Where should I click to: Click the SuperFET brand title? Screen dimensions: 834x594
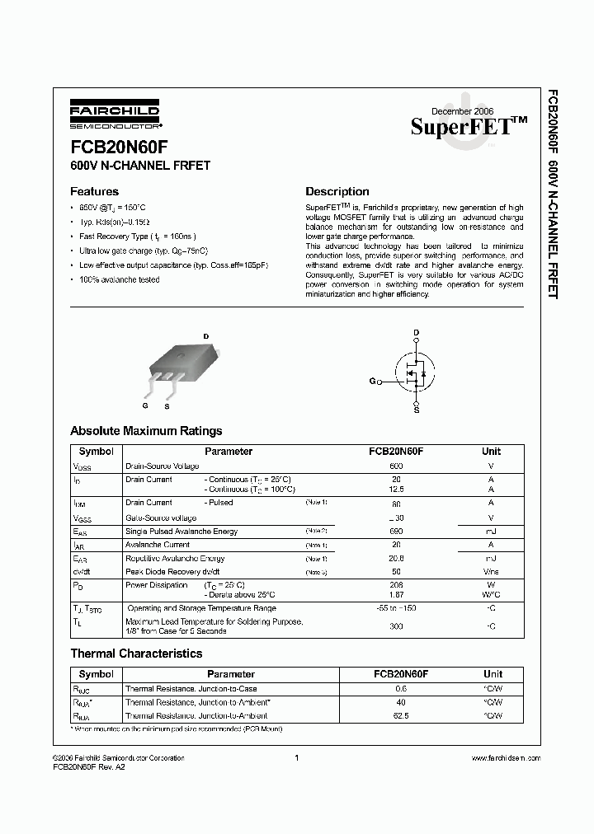tap(469, 126)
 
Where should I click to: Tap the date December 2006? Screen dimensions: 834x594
tap(463, 110)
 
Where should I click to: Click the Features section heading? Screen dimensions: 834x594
tap(94, 191)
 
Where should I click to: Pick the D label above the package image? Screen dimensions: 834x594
tap(206, 335)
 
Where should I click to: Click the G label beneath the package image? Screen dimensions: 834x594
tap(144, 406)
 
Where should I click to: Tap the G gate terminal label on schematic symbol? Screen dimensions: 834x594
tap(372, 382)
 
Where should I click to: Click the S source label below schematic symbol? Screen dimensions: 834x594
tap(416, 409)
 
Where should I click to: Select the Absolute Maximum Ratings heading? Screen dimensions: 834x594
tap(146, 431)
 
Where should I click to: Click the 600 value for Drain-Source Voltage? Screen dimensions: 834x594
tap(396, 466)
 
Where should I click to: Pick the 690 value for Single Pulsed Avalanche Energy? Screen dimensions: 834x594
tap(396, 532)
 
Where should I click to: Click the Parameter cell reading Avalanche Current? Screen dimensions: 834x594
tap(157, 545)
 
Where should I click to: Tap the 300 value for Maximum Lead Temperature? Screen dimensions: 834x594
tap(396, 627)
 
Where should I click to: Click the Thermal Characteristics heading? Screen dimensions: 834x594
tap(136, 654)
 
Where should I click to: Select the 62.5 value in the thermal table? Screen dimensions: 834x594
tap(401, 716)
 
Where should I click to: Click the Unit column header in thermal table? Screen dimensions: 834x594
tap(492, 674)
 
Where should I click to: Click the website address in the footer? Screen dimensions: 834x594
tap(505, 757)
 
